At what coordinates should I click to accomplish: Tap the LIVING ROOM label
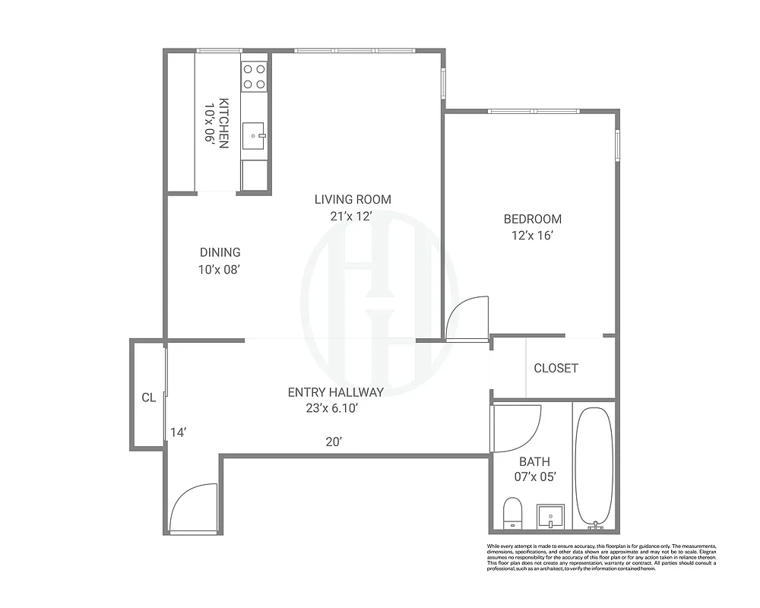353,200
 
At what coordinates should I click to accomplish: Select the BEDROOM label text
533,220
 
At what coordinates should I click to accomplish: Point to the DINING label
220,252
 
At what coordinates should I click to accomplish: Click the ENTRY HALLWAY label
335,392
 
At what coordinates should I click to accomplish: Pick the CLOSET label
556,369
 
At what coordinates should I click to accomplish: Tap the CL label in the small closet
148,397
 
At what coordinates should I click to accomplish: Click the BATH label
534,461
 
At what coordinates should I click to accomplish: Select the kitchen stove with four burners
255,76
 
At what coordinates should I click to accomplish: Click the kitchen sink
254,136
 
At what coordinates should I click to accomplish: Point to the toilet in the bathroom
513,512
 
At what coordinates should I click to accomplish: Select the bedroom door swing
464,319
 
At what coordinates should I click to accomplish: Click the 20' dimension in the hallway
333,442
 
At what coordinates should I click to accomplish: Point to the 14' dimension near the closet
178,432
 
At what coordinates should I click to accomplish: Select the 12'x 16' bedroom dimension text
532,236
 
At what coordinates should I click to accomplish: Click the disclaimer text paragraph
601,557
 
